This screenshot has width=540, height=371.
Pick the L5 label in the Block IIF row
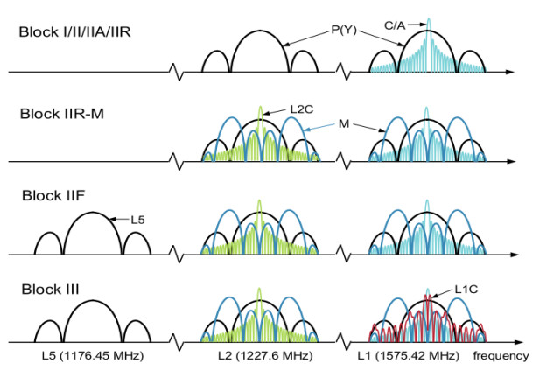pos(137,220)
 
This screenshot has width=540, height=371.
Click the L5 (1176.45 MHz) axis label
pos(92,357)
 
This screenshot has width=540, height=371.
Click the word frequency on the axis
pos(502,357)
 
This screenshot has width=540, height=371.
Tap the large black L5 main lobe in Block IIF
pos(92,219)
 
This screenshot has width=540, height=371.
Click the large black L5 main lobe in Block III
pos(92,306)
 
